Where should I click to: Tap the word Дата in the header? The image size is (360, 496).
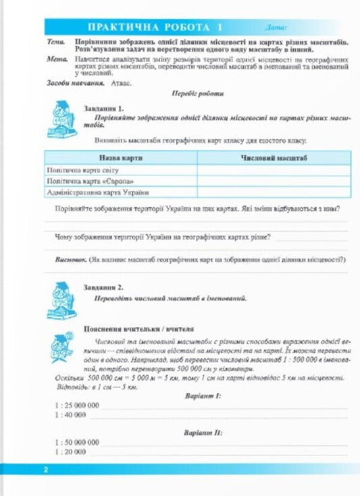277,28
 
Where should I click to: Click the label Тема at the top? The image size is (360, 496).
56,42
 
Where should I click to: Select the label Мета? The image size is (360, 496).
57,59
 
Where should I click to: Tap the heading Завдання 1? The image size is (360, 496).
103,107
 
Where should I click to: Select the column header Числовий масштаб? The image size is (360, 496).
274,157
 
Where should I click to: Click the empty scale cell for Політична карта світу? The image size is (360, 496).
274,170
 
